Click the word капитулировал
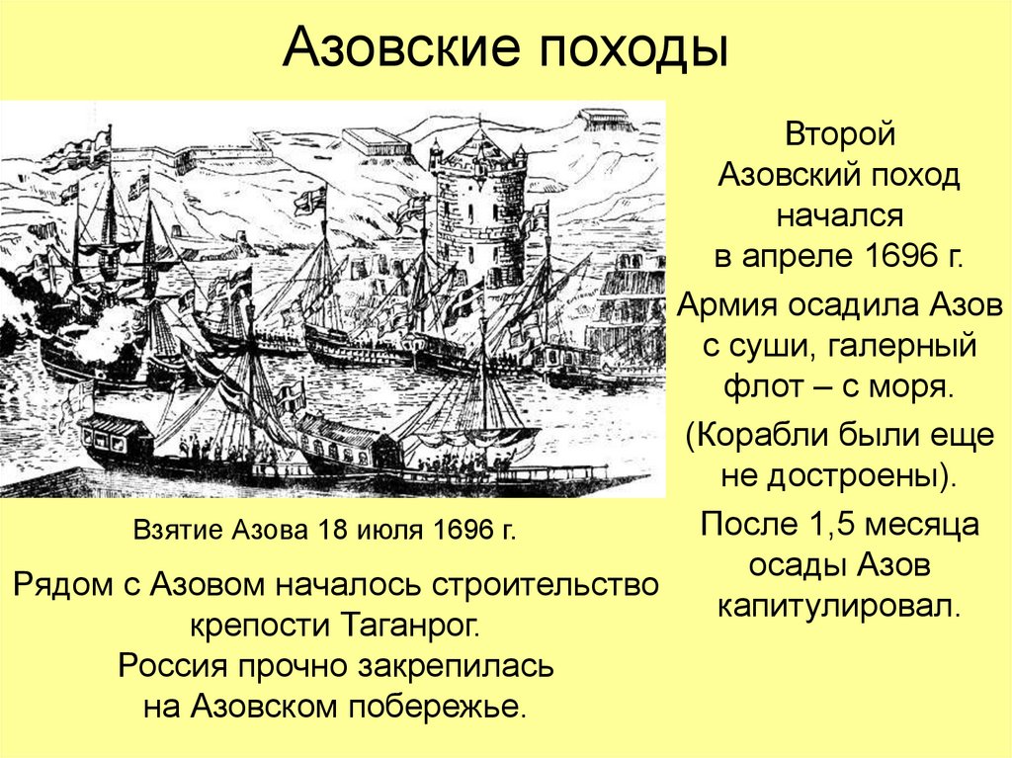[x=839, y=603]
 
